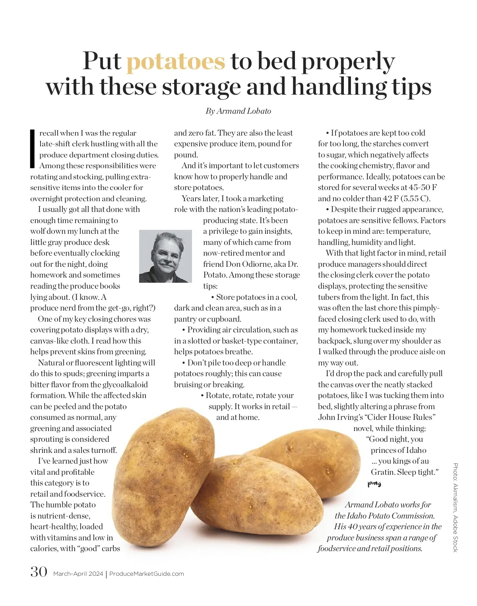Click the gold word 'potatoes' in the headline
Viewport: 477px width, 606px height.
pos(176,62)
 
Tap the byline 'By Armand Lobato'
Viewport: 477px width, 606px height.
pos(238,111)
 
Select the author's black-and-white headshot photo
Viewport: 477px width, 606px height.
pos(165,256)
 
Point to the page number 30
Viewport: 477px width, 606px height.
pos(39,572)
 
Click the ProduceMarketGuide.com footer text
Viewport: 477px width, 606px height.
pos(147,574)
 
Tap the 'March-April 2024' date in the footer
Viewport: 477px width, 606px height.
pos(78,574)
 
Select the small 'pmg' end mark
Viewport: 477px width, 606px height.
pos(374,484)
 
